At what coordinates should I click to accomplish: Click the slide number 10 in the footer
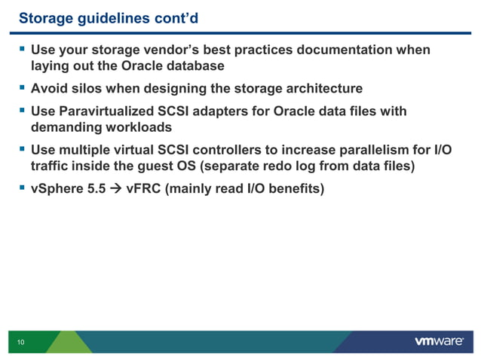coord(20,343)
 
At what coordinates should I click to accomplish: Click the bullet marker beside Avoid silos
coord(22,88)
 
